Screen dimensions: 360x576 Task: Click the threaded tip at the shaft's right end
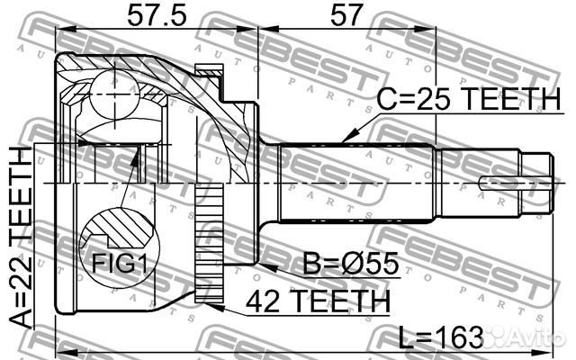(x=538, y=182)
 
